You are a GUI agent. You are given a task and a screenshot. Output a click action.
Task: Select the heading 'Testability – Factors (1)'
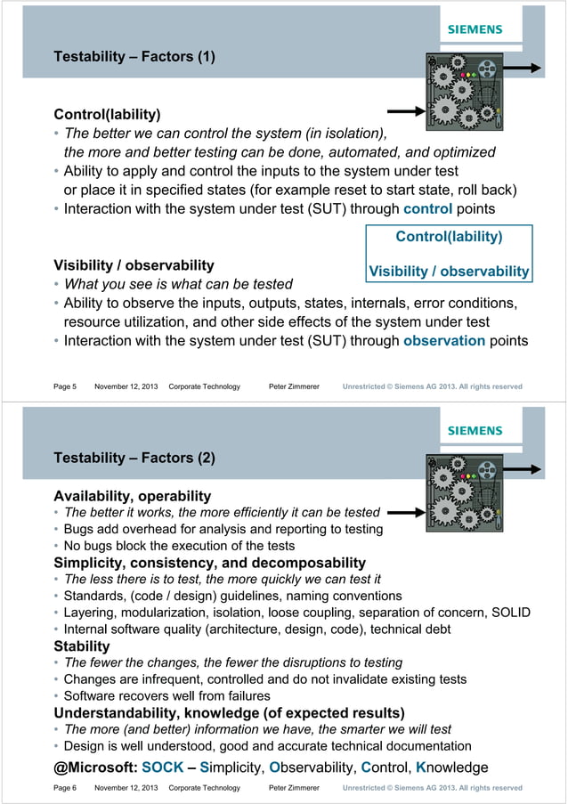click(x=134, y=58)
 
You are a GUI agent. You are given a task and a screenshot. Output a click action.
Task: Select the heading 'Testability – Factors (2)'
click(x=134, y=459)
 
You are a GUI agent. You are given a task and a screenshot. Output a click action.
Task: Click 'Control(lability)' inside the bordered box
click(x=449, y=237)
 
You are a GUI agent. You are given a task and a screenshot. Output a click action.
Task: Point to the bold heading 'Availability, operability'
click(x=133, y=496)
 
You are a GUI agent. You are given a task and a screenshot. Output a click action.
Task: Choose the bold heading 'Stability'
click(x=82, y=646)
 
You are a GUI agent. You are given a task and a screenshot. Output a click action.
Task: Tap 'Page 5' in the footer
click(x=65, y=386)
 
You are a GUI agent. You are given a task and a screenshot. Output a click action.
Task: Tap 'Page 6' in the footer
click(x=65, y=788)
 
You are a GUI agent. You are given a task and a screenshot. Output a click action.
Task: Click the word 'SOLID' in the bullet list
click(x=510, y=613)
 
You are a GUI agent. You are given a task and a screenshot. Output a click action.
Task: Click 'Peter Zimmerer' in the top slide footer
click(x=294, y=386)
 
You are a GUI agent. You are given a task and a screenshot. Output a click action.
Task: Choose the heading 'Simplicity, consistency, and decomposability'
click(x=210, y=563)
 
